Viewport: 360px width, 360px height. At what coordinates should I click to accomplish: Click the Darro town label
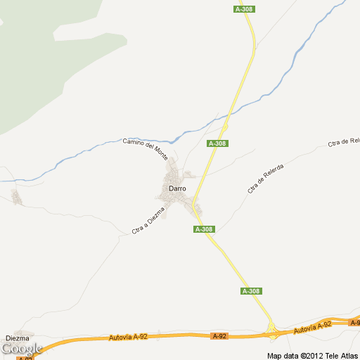point(177,188)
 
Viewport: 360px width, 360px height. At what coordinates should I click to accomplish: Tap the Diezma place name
point(17,338)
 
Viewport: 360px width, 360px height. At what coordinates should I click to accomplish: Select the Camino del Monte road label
point(146,147)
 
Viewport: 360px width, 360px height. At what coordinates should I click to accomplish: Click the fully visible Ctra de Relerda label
point(265,179)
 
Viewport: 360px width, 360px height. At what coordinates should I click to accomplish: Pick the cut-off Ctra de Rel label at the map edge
point(344,143)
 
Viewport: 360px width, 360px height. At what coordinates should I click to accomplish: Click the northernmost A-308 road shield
point(244,9)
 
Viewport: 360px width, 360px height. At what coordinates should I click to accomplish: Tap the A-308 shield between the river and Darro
point(218,143)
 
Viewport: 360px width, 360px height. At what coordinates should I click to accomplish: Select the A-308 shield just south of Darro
point(204,229)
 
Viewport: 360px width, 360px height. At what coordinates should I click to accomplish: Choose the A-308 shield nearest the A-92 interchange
point(251,291)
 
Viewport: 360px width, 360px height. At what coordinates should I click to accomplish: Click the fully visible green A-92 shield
point(220,336)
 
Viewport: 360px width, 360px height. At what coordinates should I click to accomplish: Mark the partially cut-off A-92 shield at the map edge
point(354,321)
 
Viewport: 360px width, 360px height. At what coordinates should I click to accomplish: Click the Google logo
point(21,348)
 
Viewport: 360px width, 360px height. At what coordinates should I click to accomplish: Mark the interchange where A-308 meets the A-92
point(272,328)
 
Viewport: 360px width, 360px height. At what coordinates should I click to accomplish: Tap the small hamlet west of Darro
point(17,198)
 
